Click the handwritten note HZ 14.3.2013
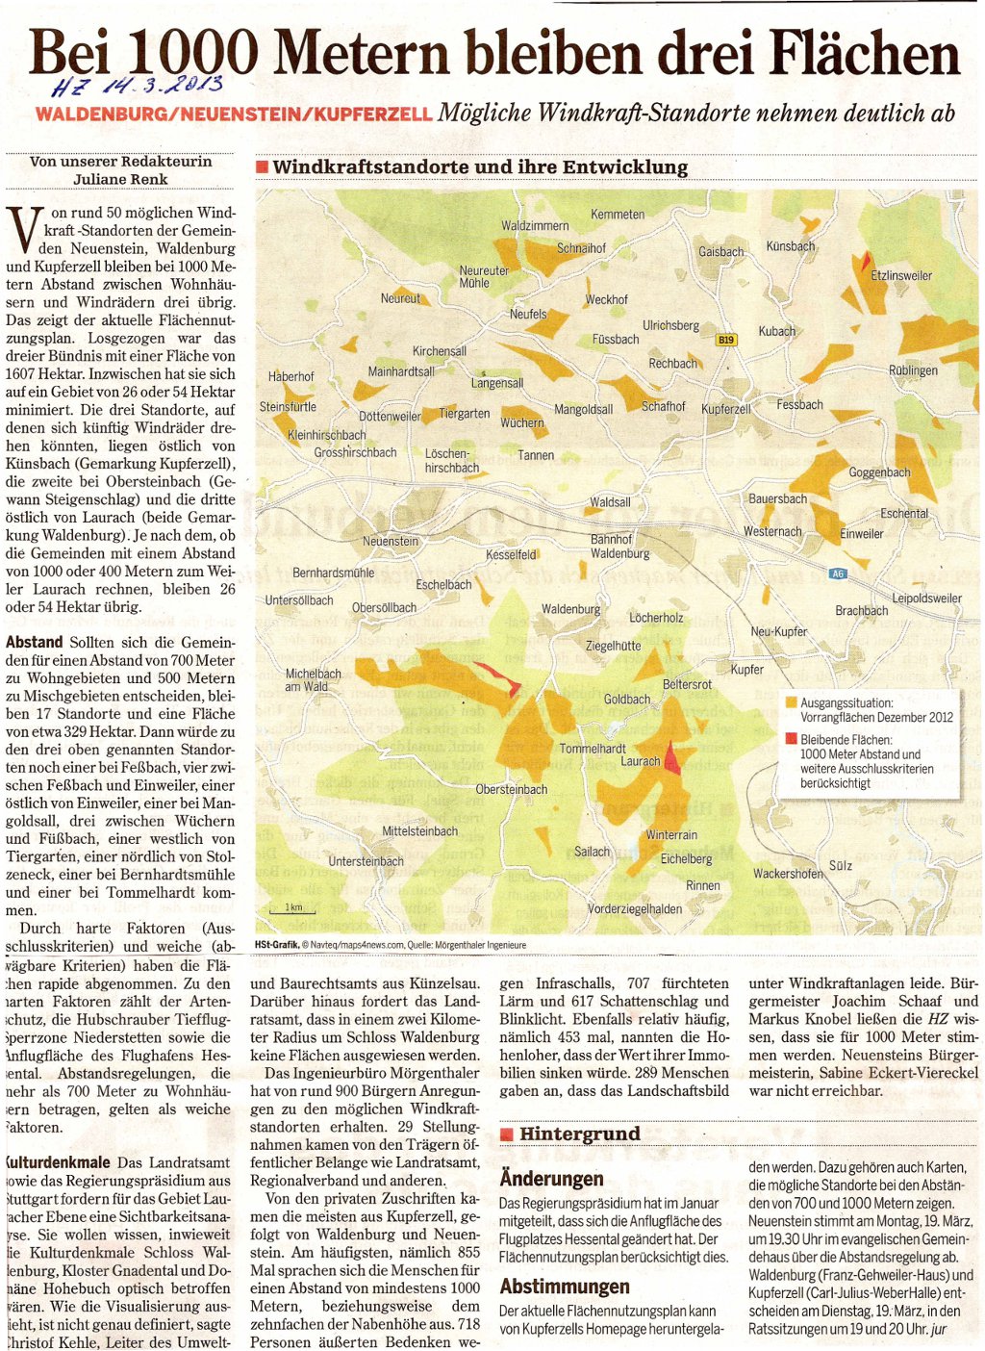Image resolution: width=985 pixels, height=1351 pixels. pos(139,87)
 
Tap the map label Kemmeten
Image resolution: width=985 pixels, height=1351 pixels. pos(618,215)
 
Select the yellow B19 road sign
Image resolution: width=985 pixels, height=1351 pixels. pos(726,340)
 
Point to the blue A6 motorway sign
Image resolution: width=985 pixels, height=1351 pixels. pos(837,574)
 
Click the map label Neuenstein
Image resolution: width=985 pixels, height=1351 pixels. pos(390,542)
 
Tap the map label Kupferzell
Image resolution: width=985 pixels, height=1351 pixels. pos(726,409)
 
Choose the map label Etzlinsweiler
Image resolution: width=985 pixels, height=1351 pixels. pos(900,276)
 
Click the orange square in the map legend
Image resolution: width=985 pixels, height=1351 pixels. pos(791,703)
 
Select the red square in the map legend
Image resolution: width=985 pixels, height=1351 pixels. pos(791,740)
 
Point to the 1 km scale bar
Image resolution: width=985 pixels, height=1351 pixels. pos(292,907)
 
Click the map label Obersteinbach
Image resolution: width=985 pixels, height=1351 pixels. pos(512,790)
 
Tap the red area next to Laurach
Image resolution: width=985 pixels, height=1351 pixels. pos(672,759)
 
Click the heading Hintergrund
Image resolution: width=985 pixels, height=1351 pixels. pos(579,1134)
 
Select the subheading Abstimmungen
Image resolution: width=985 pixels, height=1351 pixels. pos(565,1287)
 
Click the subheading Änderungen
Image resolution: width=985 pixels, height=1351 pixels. pos(551,1179)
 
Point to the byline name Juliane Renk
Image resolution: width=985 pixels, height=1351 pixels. pos(120,179)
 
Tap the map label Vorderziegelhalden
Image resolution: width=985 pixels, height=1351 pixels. pos(635,909)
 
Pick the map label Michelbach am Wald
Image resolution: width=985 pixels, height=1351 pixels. pos(313,680)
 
